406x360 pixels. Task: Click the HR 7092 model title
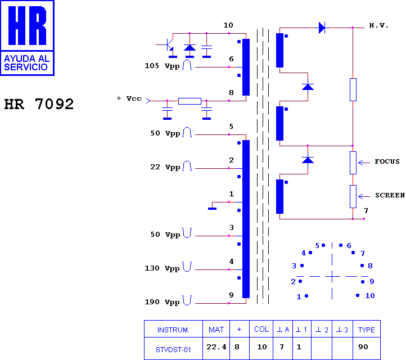click(x=39, y=104)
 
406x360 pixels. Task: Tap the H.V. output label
click(x=378, y=25)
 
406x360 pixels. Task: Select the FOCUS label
click(x=387, y=161)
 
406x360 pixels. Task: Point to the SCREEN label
click(x=390, y=195)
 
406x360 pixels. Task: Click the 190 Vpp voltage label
click(x=162, y=302)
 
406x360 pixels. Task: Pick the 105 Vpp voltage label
click(x=162, y=66)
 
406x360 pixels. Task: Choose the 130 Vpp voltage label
click(x=162, y=268)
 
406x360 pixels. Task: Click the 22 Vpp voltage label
click(x=165, y=167)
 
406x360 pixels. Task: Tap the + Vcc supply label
click(x=129, y=98)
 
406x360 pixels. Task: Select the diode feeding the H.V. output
click(x=322, y=28)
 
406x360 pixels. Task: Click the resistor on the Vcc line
click(x=190, y=101)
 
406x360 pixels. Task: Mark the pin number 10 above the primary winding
click(x=228, y=25)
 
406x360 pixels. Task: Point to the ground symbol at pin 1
click(x=213, y=209)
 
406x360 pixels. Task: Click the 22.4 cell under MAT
click(x=216, y=347)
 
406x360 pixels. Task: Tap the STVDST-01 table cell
click(x=173, y=350)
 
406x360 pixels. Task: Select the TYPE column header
click(x=367, y=330)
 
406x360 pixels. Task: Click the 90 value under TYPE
click(x=363, y=347)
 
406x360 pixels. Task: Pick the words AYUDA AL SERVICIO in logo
click(x=26, y=63)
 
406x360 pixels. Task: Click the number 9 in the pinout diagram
click(x=372, y=281)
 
